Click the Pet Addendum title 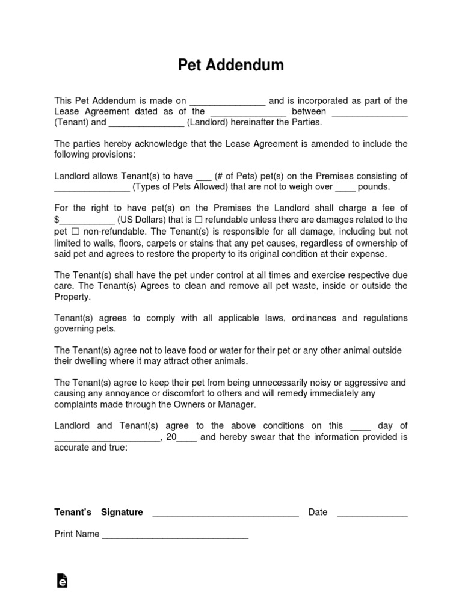[231, 65]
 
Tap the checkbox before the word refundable [199, 220]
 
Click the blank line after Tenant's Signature [226, 513]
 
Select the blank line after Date [372, 513]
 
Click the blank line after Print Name [175, 535]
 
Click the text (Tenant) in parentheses [72, 122]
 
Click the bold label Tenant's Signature [99, 513]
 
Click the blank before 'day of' [360, 427]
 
